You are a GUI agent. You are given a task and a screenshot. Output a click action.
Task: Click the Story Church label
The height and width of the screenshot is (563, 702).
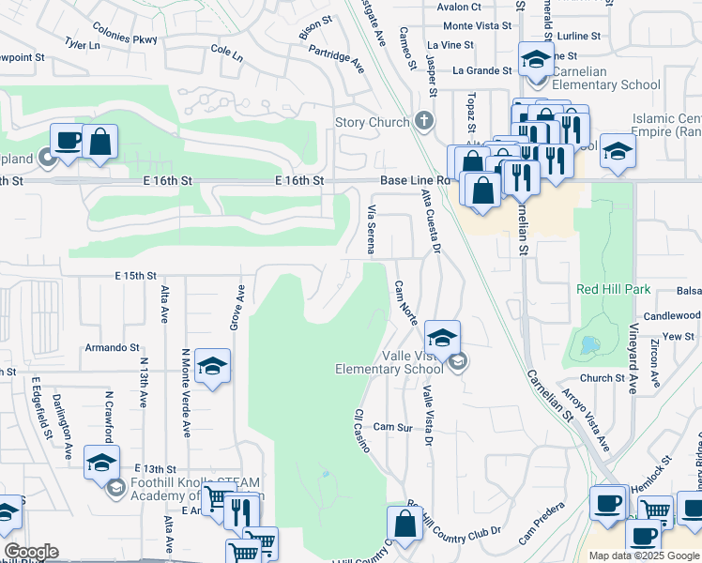[x=373, y=123]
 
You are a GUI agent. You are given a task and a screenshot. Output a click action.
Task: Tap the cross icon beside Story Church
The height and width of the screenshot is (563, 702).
[x=424, y=121]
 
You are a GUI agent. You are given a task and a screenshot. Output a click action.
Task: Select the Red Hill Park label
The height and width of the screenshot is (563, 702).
[x=613, y=289]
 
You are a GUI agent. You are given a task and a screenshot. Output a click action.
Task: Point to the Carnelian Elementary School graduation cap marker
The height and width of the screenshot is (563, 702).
[x=535, y=60]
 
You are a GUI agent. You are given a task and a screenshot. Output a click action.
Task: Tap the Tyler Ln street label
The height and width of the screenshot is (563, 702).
[x=82, y=44]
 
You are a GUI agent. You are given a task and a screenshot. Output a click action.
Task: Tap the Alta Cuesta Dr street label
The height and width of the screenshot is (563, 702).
[x=431, y=221]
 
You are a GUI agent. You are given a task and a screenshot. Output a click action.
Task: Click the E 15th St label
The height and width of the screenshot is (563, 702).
[x=134, y=276]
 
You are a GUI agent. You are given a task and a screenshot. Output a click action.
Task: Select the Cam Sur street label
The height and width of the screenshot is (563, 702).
[x=392, y=427]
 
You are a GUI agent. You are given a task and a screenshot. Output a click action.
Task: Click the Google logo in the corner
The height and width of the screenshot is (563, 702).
[x=31, y=552]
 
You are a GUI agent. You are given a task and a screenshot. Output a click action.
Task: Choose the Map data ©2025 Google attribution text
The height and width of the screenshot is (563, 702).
[x=644, y=555]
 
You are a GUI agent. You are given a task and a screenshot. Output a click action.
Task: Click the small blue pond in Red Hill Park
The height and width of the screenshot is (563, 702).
[x=590, y=344]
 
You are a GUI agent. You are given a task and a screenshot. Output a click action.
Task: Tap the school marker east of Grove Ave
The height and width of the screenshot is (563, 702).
[x=214, y=367]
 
